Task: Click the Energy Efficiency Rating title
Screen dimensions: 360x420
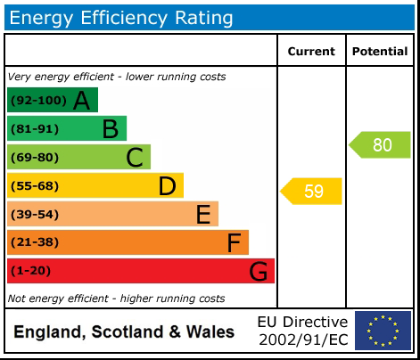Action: coord(122,18)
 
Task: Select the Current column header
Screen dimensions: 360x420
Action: coord(311,52)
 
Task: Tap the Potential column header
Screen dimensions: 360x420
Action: coord(380,52)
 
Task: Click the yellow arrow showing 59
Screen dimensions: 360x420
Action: coord(312,192)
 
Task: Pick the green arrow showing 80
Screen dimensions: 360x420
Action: coord(381,145)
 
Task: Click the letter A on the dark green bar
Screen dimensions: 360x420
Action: coord(81,101)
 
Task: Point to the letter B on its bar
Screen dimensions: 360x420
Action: coord(110,129)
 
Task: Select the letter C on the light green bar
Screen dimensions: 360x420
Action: coord(135,158)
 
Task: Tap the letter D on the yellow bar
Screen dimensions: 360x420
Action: coord(167,186)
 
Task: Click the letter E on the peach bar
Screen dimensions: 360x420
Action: coord(202,215)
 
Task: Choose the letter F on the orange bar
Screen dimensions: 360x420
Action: coord(234,243)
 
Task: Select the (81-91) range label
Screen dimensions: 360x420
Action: coord(35,129)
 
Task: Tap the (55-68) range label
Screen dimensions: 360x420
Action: coord(35,186)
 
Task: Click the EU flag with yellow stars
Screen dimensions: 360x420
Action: coord(383,331)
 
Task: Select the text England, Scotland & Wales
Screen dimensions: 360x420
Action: coord(124,332)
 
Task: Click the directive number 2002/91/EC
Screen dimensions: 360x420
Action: coord(302,340)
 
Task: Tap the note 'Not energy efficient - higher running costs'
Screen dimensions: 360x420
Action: coord(116,299)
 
